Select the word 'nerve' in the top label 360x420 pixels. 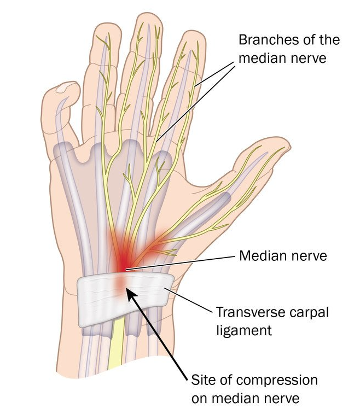307,57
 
